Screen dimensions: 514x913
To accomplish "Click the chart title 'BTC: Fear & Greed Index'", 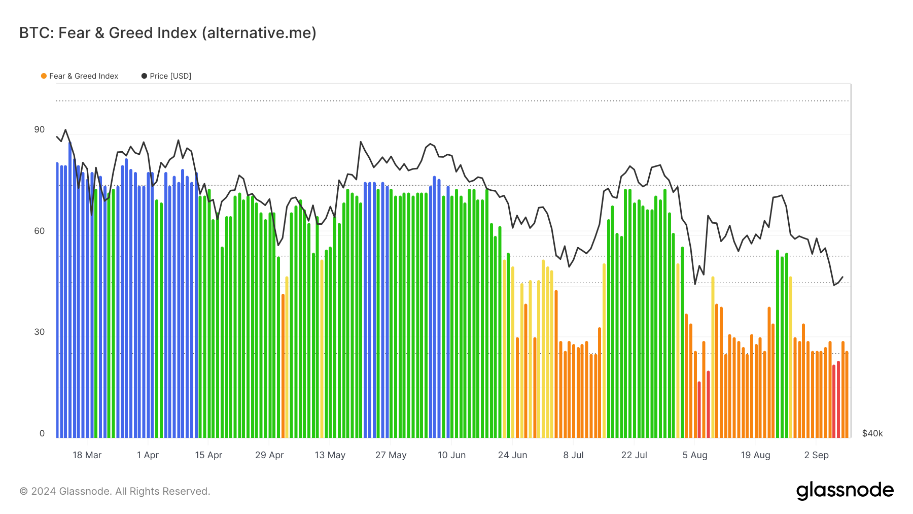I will pos(167,33).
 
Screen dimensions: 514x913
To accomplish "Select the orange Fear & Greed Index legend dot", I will pos(44,76).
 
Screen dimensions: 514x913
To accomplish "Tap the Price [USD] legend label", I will pos(170,76).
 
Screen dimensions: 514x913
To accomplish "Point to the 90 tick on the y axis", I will pos(40,130).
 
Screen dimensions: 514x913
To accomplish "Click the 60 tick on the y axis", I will pos(40,231).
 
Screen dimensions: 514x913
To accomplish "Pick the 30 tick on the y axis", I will pos(40,332).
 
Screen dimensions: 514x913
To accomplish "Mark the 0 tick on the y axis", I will pos(42,434).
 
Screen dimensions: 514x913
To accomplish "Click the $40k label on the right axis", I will pos(872,434).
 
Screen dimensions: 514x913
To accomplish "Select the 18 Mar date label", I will pos(87,455).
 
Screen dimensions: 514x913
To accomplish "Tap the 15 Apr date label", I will pos(208,455).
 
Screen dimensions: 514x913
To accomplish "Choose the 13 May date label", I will pos(330,455).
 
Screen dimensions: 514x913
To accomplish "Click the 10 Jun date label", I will pos(451,455).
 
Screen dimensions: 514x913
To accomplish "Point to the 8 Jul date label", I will pos(573,455).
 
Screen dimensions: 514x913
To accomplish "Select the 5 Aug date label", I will pos(694,455).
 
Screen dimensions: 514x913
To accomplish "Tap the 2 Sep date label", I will pos(816,455).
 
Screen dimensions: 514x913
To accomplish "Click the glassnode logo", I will pos(845,491).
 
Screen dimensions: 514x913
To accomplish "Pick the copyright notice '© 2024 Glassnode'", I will pos(115,491).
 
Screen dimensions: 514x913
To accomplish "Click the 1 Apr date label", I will pos(148,455).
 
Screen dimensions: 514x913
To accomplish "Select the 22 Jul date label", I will pos(634,455).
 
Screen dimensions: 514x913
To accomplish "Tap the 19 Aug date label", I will pos(755,455).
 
